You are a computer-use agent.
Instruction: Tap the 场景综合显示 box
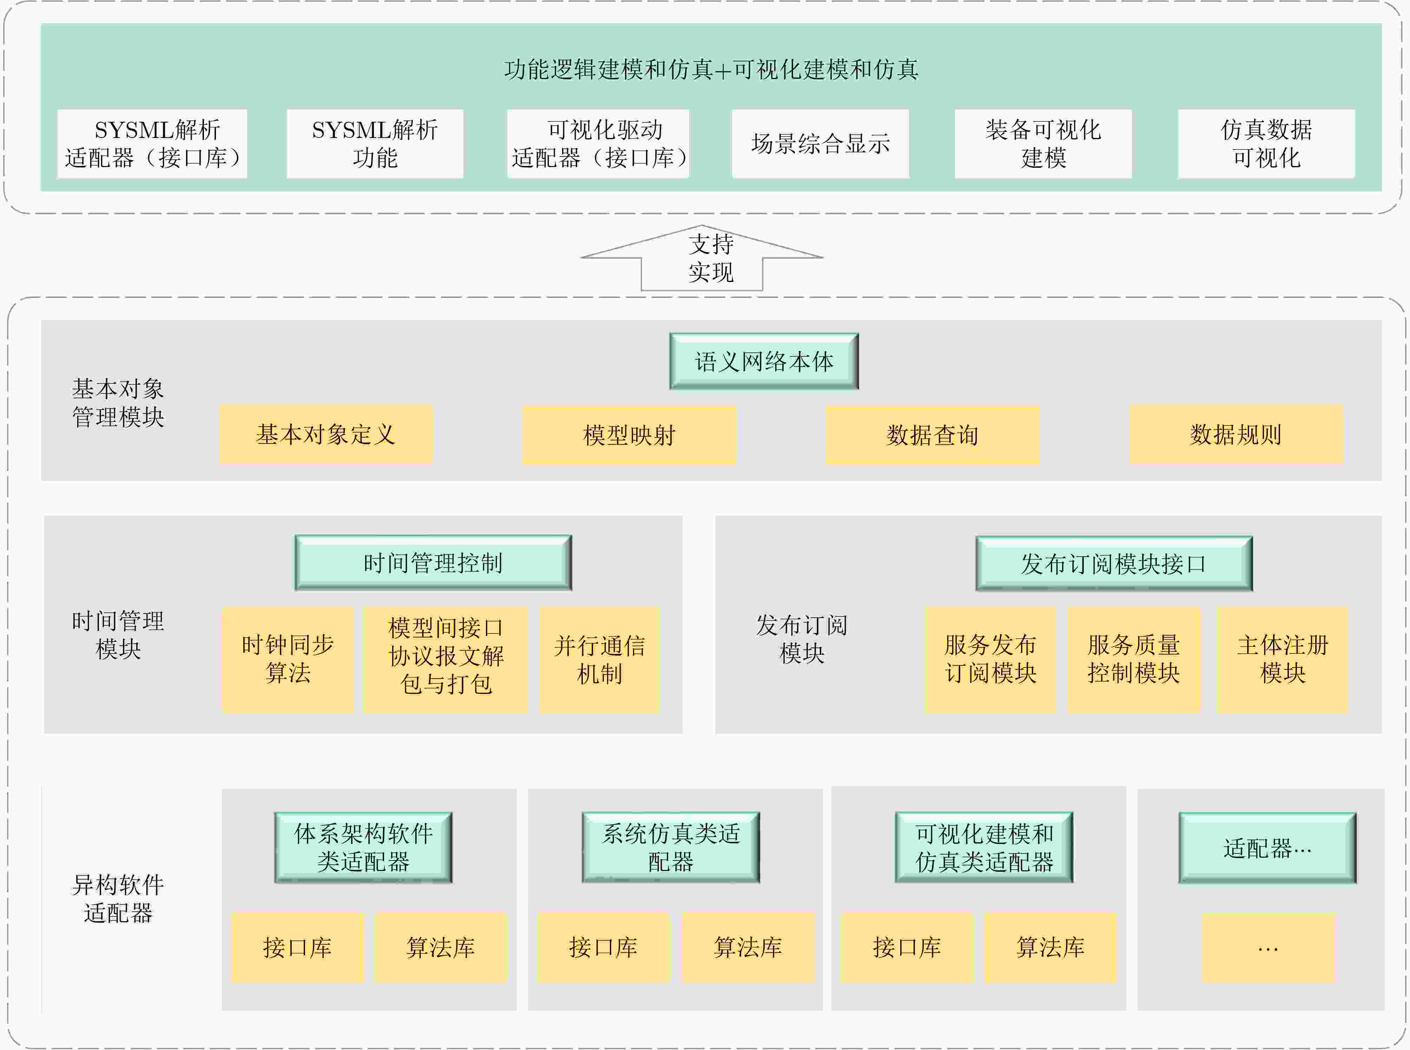820,144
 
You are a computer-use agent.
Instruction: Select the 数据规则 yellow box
1235,435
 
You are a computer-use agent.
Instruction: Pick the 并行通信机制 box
599,659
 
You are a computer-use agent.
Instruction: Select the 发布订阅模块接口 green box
1114,564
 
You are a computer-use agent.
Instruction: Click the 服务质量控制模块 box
1133,659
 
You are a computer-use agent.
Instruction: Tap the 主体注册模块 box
1282,659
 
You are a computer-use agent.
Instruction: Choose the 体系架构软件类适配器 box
363,847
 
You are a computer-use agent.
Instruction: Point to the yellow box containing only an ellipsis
1267,948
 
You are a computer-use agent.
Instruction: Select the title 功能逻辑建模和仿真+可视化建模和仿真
711,69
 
